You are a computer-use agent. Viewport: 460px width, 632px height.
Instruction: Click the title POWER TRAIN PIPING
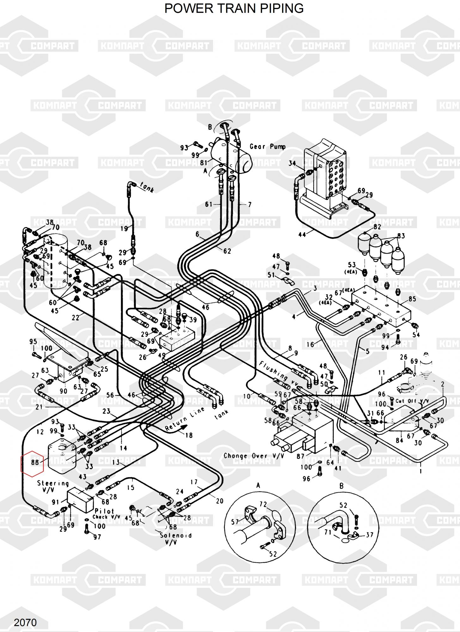pyautogui.click(x=234, y=9)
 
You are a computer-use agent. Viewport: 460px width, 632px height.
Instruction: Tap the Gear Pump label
pyautogui.click(x=267, y=147)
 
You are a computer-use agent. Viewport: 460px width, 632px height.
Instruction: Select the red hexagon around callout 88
pyautogui.click(x=32, y=462)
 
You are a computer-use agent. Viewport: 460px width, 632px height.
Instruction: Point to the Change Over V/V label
pyautogui.click(x=254, y=456)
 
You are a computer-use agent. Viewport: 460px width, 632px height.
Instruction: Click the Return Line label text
pyautogui.click(x=185, y=419)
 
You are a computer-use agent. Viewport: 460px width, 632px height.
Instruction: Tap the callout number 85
pyautogui.click(x=412, y=299)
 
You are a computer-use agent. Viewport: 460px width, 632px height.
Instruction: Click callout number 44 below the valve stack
pyautogui.click(x=302, y=234)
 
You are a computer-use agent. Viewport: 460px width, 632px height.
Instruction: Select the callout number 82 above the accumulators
pyautogui.click(x=377, y=227)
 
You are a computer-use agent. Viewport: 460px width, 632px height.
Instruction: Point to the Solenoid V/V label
pyautogui.click(x=171, y=538)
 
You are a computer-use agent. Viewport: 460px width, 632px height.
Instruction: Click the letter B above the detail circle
pyautogui.click(x=341, y=486)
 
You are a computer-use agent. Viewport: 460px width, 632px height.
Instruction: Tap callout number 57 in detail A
pyautogui.click(x=235, y=522)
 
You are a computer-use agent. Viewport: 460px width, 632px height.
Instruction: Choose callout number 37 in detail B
pyautogui.click(x=369, y=535)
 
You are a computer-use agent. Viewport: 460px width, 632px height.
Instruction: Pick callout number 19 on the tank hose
pyautogui.click(x=124, y=228)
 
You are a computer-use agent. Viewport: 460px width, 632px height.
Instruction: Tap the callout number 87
pyautogui.click(x=300, y=456)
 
